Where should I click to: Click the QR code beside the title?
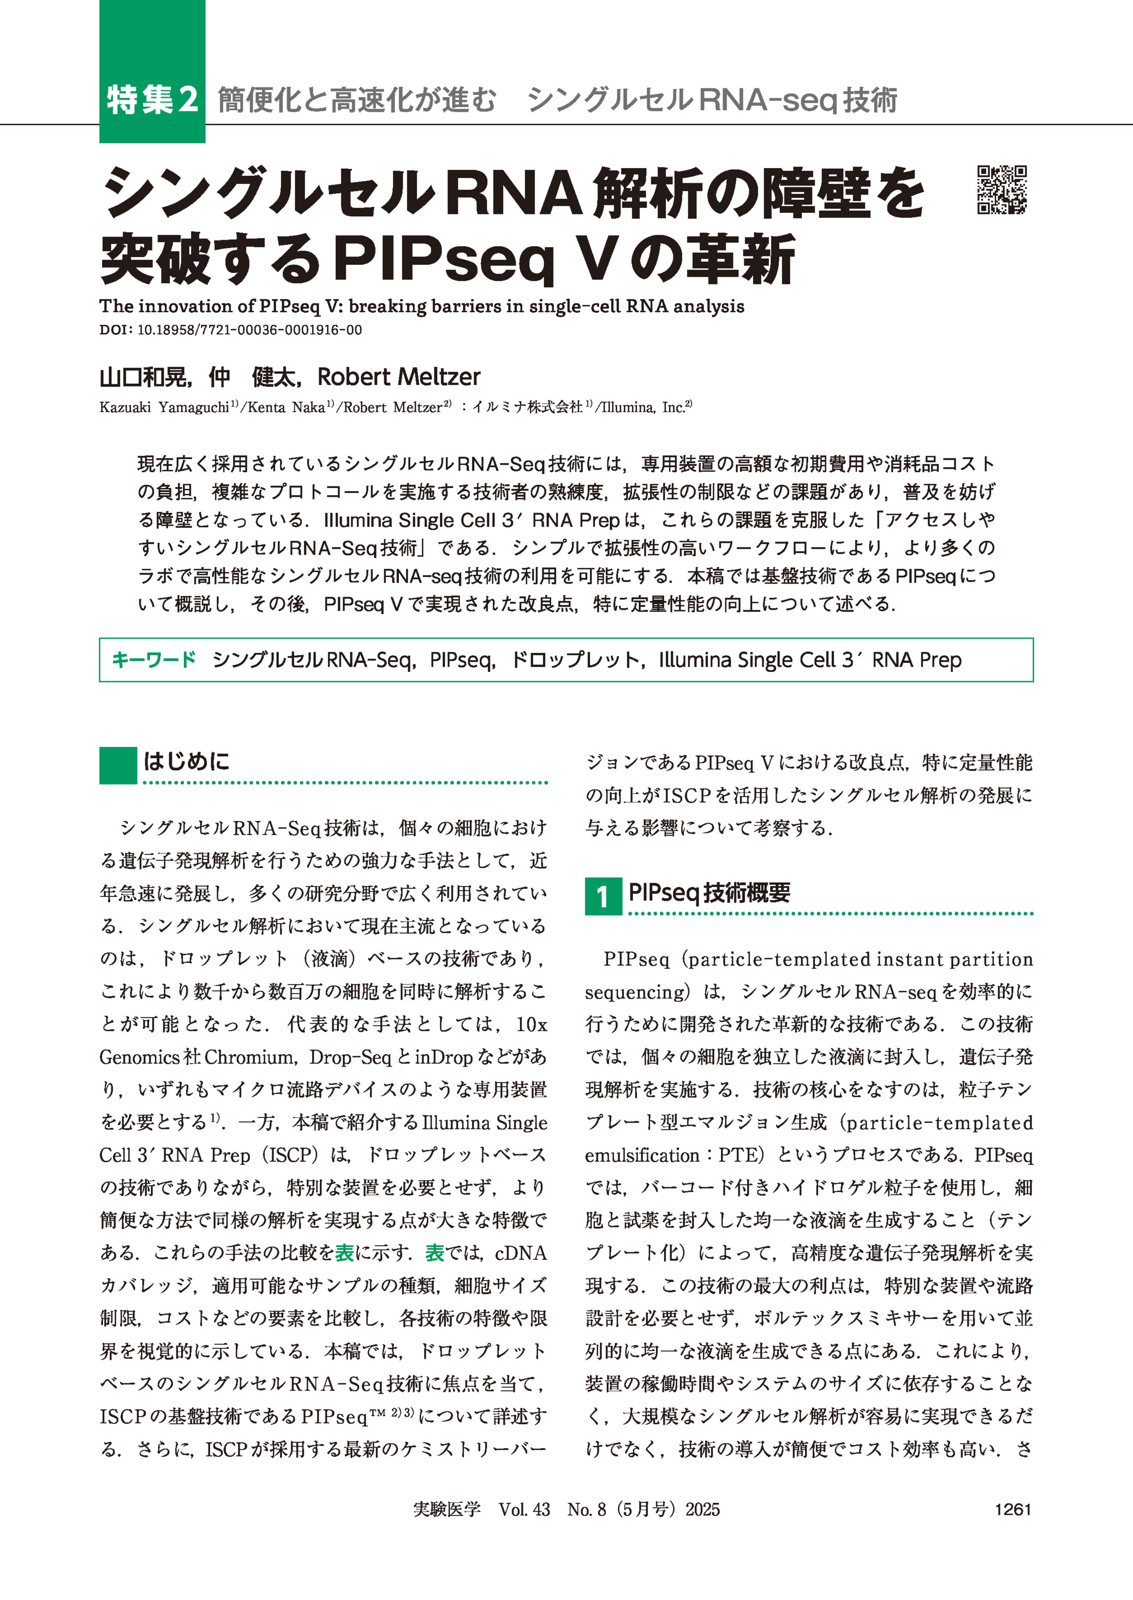(x=1002, y=190)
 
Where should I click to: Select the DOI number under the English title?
(x=250, y=330)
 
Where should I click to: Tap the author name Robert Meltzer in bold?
(x=398, y=378)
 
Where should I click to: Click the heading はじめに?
(x=186, y=762)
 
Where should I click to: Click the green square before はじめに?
(x=117, y=765)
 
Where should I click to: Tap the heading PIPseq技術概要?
(x=709, y=893)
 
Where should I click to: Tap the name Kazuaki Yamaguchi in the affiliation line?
(x=164, y=407)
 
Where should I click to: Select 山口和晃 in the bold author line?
(x=142, y=378)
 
